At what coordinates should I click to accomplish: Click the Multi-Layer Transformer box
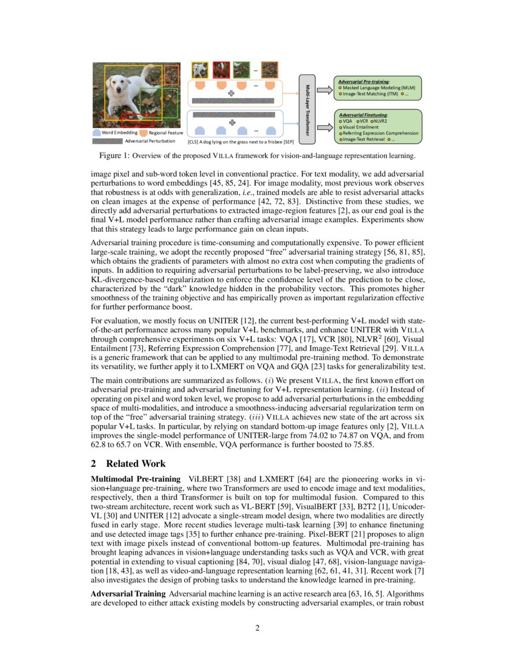coord(308,108)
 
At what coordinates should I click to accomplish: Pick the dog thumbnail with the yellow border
coord(199,68)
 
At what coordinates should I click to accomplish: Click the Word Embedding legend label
coord(119,132)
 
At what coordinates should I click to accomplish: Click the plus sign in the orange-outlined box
coord(231,93)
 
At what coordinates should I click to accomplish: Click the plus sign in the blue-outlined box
coord(231,122)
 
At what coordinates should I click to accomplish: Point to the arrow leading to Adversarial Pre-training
coord(324,90)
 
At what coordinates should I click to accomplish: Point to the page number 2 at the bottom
coord(257,628)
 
